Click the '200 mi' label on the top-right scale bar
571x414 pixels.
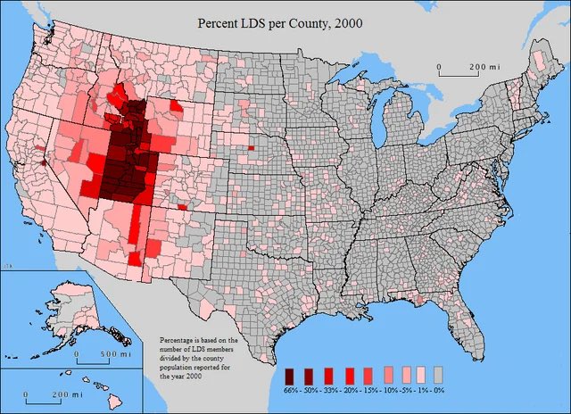pos(484,67)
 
